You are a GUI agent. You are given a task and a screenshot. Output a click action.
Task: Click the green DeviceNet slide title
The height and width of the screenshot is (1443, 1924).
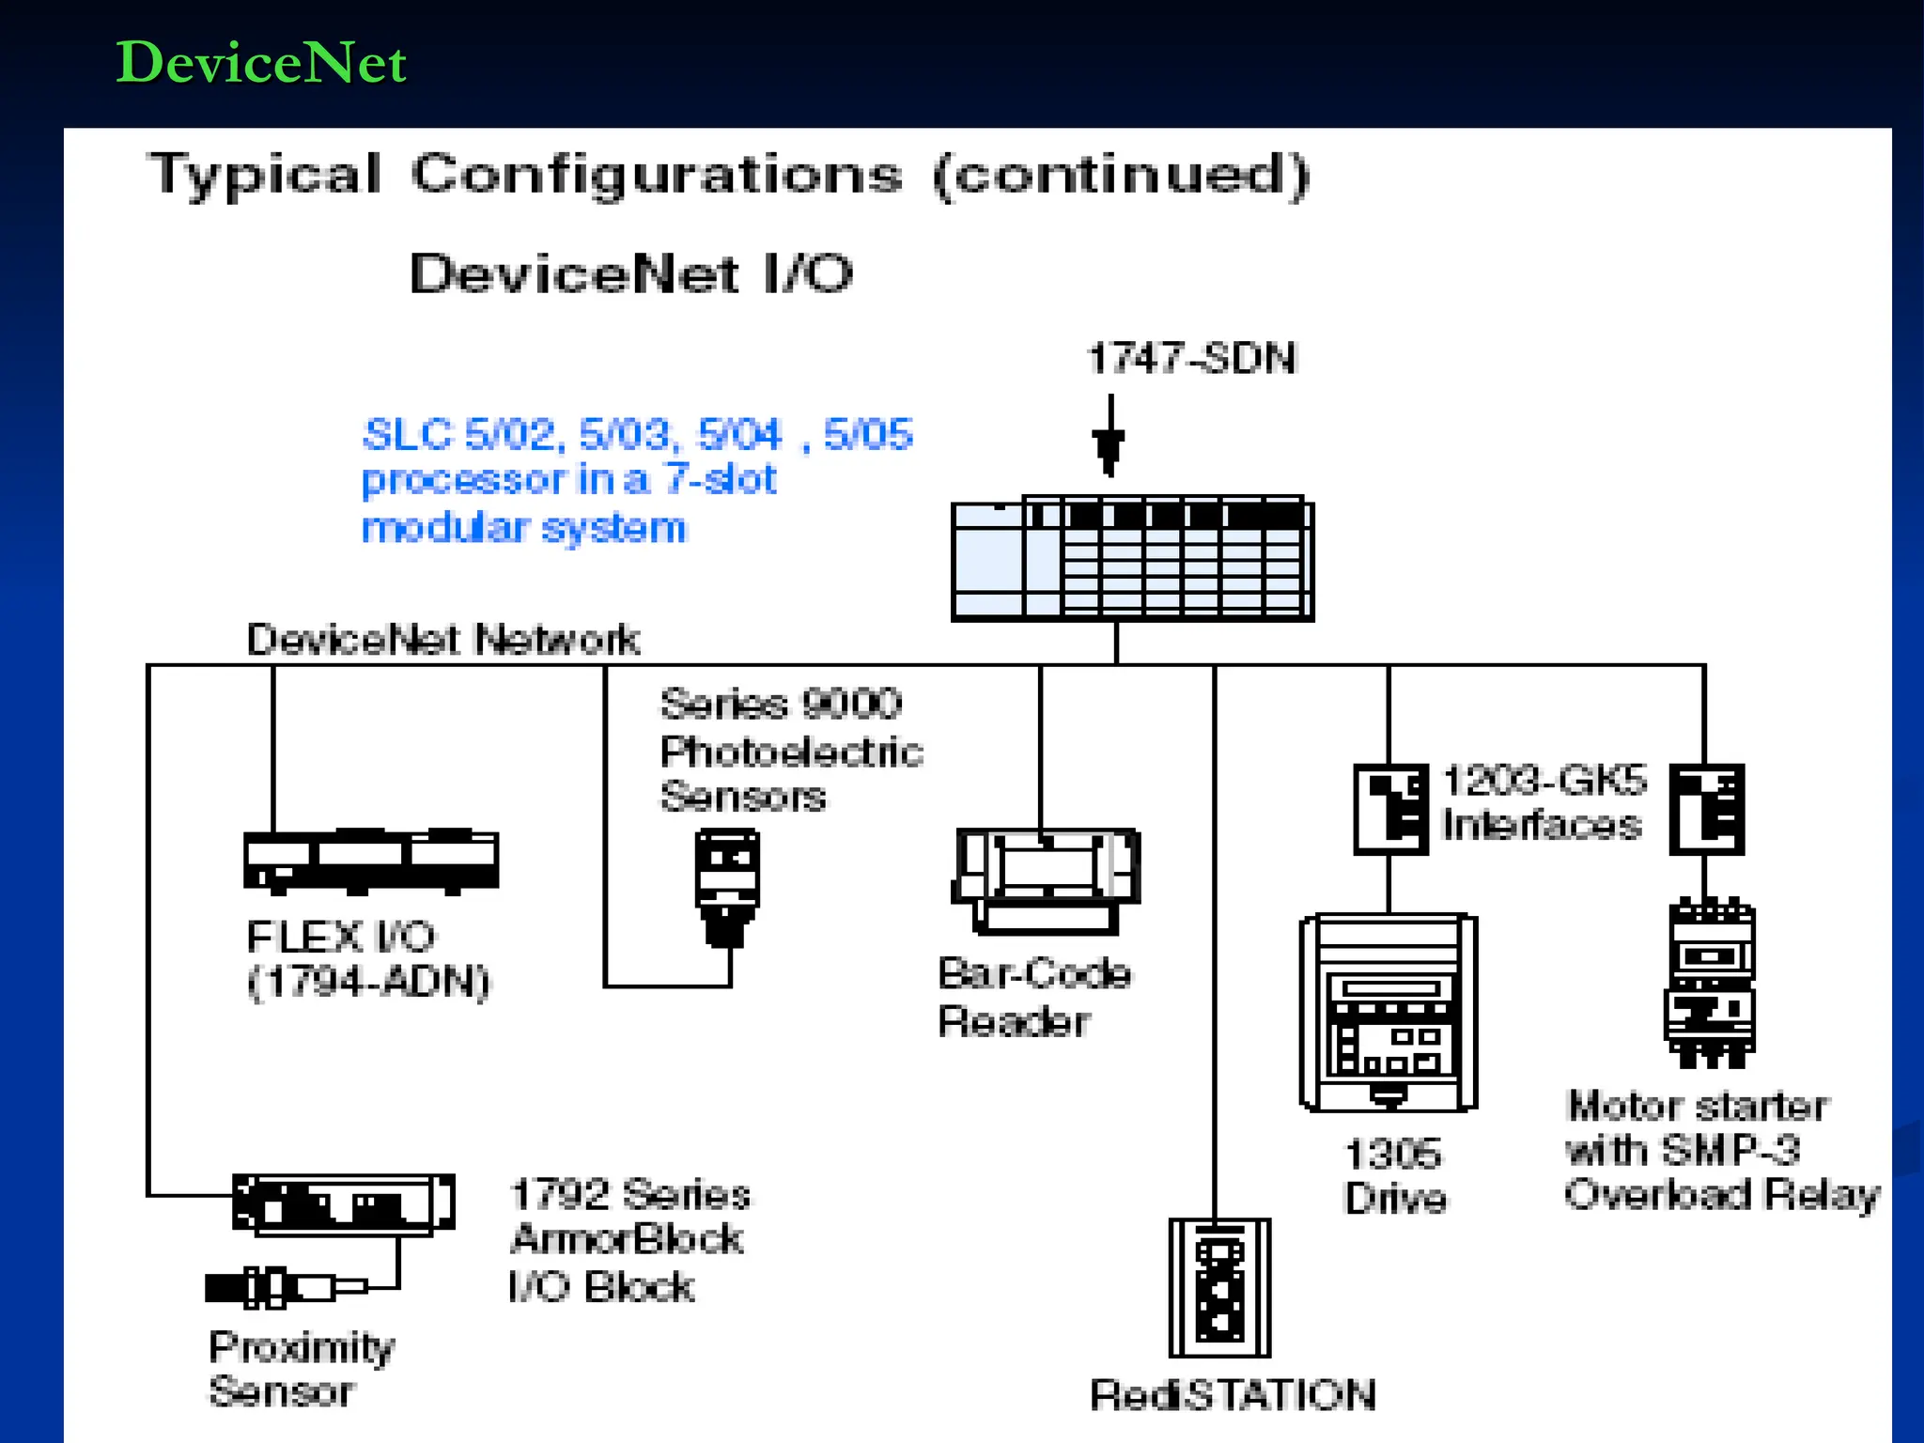(x=260, y=63)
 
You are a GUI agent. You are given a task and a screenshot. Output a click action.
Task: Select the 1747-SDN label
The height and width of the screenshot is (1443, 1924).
(x=1191, y=359)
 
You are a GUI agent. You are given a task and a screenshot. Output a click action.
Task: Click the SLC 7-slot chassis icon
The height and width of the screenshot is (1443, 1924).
(x=1132, y=560)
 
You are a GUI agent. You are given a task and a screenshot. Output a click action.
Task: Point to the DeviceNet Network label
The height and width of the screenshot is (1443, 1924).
(x=442, y=640)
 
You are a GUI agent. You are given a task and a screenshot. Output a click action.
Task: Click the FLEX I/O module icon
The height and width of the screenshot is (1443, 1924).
(x=371, y=861)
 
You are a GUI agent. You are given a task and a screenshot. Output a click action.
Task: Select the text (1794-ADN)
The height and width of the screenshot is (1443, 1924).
(x=368, y=983)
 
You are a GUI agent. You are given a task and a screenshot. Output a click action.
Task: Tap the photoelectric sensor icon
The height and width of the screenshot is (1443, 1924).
(x=726, y=885)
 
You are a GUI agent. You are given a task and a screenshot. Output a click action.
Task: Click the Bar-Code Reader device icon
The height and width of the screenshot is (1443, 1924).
(x=1047, y=879)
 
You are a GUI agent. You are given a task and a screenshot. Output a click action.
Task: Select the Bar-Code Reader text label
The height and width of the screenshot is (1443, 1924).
(x=1032, y=997)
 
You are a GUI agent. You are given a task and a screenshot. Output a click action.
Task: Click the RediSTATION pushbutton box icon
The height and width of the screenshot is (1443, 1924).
(x=1219, y=1287)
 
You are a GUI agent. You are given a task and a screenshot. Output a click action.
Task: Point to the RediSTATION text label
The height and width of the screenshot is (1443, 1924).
(x=1233, y=1395)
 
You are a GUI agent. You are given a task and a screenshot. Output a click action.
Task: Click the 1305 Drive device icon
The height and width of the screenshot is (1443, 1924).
(x=1389, y=1013)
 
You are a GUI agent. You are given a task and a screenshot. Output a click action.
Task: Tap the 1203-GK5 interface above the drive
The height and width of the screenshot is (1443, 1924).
(x=1390, y=809)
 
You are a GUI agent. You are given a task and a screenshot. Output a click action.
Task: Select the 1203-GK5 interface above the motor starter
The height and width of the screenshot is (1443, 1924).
(x=1706, y=809)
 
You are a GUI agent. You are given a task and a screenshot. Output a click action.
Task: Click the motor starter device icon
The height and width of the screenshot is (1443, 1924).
(x=1710, y=983)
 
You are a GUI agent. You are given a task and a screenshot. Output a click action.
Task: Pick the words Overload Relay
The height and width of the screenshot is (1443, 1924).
(x=1722, y=1194)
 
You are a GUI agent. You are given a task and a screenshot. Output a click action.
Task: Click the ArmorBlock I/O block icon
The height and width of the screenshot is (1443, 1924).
(x=343, y=1202)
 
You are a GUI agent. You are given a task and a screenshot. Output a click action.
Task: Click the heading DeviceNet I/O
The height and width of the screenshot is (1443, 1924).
(x=631, y=274)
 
